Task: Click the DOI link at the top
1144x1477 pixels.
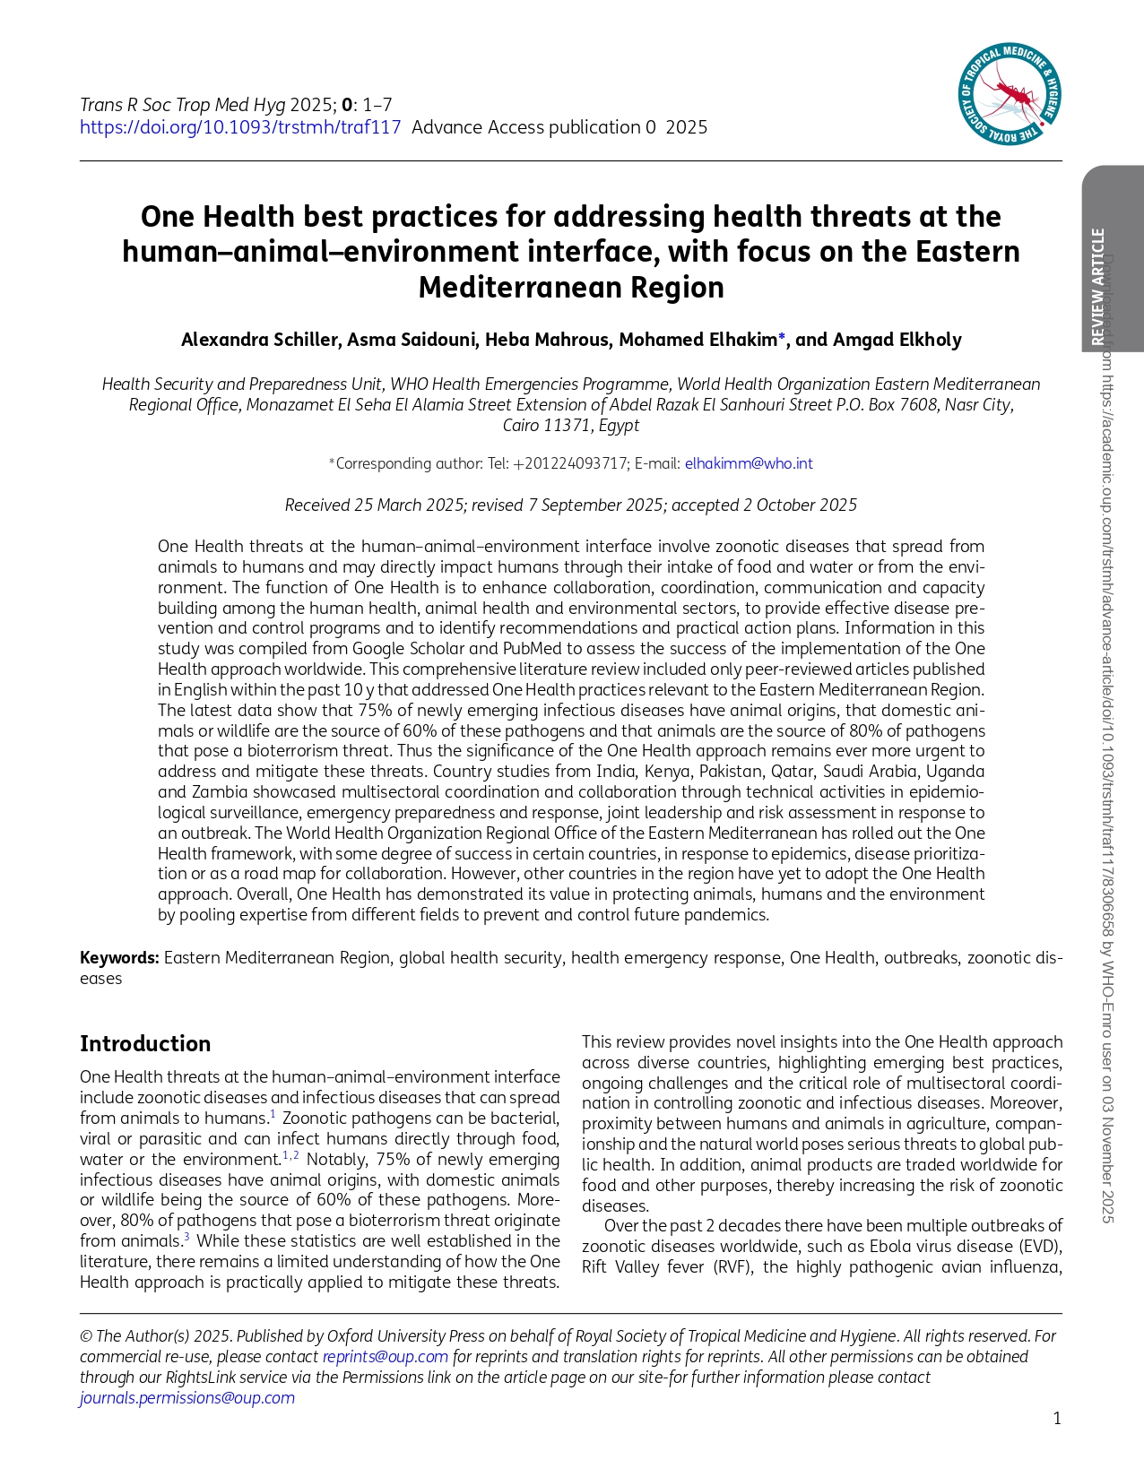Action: [240, 127]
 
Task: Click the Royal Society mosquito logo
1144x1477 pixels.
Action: [1010, 93]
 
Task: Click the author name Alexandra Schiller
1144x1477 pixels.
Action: [260, 340]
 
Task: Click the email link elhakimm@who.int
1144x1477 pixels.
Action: [749, 463]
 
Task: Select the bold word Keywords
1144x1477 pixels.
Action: [119, 957]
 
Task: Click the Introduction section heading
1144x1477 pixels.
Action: [145, 1043]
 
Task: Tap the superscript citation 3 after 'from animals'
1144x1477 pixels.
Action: [186, 1238]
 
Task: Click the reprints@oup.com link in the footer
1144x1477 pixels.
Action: [385, 1357]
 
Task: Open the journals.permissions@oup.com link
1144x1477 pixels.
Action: [186, 1398]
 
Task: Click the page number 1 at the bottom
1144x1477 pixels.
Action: [1057, 1418]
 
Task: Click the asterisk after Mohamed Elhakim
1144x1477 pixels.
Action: [783, 337]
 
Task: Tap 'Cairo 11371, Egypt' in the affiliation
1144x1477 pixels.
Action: [571, 426]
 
